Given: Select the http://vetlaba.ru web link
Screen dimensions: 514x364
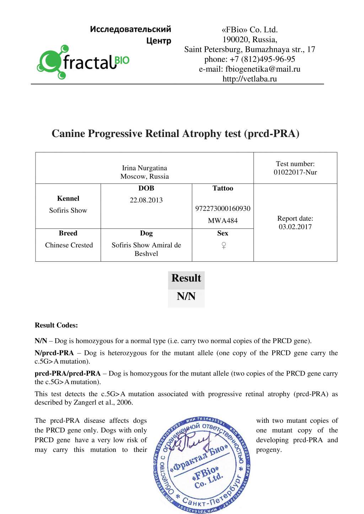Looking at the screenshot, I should tap(250, 79).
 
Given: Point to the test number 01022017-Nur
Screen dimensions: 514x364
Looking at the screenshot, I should tap(295, 173).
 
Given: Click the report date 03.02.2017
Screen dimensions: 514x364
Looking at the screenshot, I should tap(295, 227).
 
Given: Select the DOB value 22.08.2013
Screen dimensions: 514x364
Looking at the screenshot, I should tap(146, 200).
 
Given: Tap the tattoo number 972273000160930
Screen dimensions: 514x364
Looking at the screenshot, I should tap(223, 209).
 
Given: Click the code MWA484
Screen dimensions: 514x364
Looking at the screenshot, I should tap(223, 221).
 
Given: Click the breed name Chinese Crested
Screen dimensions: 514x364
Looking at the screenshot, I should tap(69, 245).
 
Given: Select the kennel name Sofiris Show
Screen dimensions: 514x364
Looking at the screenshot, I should tap(68, 210).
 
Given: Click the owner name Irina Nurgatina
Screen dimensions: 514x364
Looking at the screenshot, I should tap(144, 168).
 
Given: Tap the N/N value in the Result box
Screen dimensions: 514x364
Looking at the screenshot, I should tap(186, 296).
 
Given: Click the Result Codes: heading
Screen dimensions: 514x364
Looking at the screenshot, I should tap(56, 325).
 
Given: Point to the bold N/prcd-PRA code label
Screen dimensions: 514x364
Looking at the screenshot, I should tap(54, 353).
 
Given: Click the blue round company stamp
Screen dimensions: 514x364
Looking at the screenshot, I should tap(202, 465).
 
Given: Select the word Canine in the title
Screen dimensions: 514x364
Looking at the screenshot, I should tap(68, 133).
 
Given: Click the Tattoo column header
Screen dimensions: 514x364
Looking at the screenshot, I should tap(223, 188).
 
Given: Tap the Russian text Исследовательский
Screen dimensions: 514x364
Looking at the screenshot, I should tap(130, 29).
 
